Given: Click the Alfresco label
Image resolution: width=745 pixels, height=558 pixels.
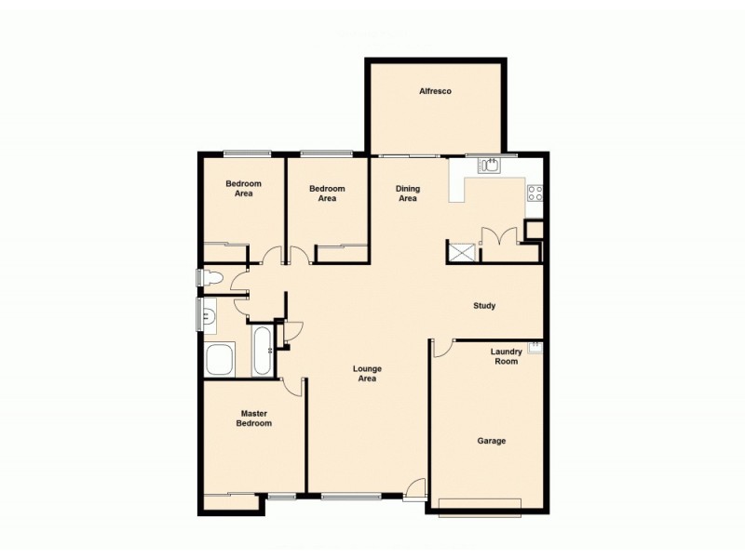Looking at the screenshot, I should (435, 91).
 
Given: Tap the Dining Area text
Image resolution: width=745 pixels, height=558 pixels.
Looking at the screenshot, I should (408, 193).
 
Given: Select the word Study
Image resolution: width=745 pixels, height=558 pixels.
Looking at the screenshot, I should (484, 306).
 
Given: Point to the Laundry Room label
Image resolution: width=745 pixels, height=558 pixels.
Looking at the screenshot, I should (505, 356).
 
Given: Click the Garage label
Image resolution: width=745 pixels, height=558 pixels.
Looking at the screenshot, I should (492, 441).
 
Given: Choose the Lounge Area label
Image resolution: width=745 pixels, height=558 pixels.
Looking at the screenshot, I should (367, 374).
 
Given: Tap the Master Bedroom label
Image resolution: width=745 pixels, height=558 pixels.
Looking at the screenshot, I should (255, 418).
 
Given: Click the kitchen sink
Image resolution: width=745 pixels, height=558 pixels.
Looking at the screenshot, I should (490, 166).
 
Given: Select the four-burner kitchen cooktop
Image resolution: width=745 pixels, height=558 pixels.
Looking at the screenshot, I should (535, 193).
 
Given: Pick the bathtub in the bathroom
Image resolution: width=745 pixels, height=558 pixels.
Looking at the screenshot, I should (262, 350).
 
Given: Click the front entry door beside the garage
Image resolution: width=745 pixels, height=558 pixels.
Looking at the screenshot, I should (416, 489).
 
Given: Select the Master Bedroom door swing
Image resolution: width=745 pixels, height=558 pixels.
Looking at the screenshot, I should (294, 386).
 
